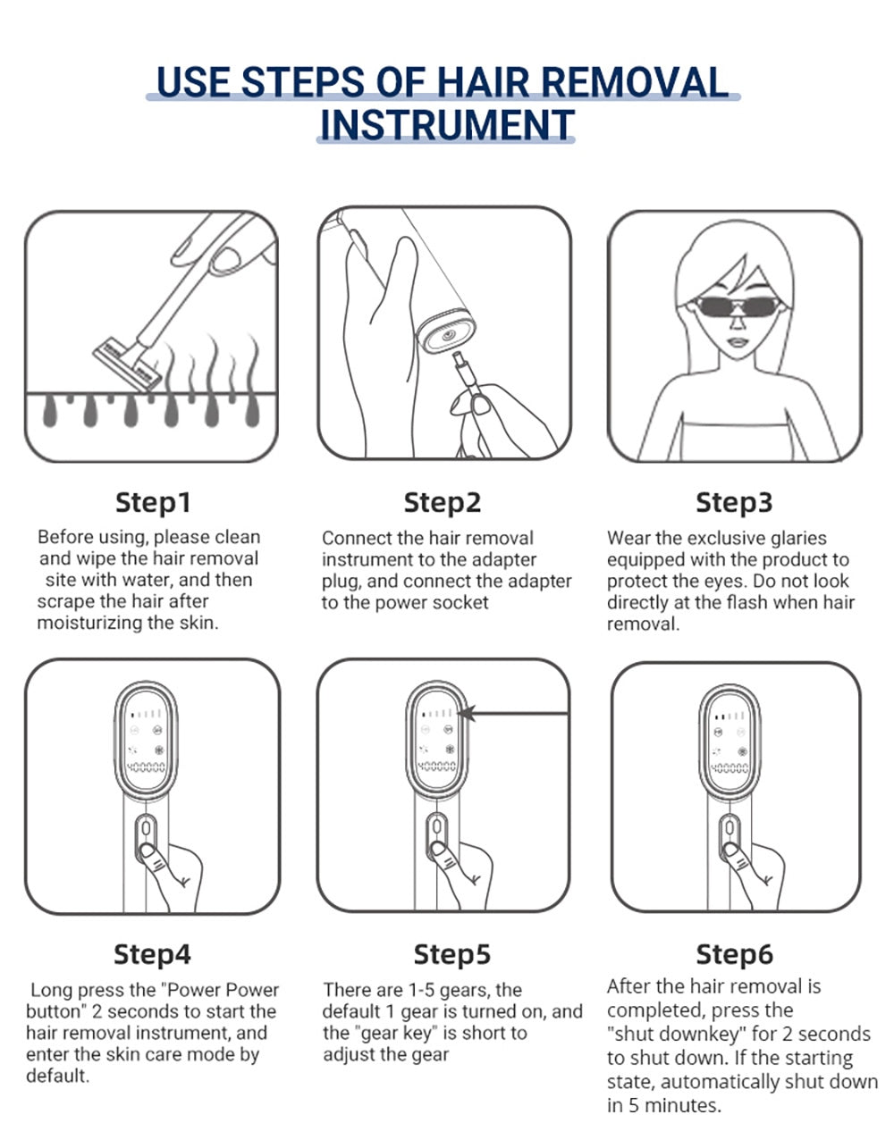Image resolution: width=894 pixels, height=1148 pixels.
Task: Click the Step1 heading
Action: pyautogui.click(x=153, y=502)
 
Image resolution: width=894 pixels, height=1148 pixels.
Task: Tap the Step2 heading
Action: pyautogui.click(x=443, y=502)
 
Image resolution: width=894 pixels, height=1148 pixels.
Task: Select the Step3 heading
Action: pyautogui.click(x=734, y=502)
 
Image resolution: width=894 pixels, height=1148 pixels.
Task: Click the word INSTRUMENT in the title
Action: pyautogui.click(x=447, y=125)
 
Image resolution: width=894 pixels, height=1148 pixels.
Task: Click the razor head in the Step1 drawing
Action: pyautogui.click(x=128, y=364)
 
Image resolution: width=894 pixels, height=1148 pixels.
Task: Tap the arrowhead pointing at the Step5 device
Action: pyautogui.click(x=468, y=714)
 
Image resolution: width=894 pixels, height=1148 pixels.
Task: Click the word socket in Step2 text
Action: pyautogui.click(x=459, y=602)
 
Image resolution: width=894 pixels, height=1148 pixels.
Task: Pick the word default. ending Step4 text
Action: pyautogui.click(x=57, y=1076)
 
